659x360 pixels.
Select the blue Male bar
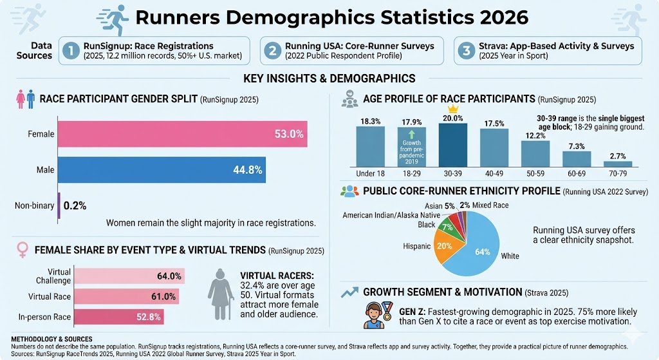point(161,169)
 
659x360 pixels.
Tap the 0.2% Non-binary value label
point(75,205)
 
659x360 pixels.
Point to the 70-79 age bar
point(617,163)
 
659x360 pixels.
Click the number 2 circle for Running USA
point(273,51)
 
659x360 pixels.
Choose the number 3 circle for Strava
point(466,51)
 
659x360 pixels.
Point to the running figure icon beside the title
point(116,15)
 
